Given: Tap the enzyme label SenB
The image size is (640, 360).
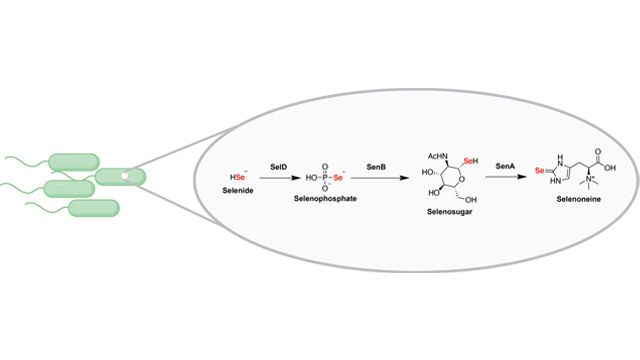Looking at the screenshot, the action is click(x=370, y=161).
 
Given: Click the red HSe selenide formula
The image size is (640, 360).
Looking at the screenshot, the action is click(x=236, y=175).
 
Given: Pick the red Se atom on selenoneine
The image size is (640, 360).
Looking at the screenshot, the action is click(x=542, y=170).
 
